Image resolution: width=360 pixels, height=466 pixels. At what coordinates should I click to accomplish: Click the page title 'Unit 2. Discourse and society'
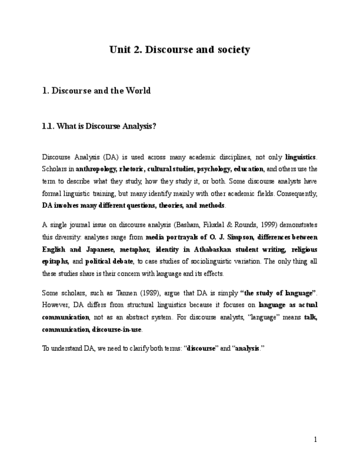(x=180, y=50)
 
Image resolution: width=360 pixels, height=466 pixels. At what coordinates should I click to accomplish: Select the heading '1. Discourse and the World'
(x=96, y=91)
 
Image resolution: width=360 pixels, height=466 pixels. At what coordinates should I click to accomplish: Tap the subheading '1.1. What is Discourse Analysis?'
(x=99, y=126)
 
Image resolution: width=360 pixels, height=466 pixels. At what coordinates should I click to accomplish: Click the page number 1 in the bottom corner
(x=315, y=439)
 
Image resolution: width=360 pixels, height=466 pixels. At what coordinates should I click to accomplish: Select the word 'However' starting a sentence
(x=54, y=305)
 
